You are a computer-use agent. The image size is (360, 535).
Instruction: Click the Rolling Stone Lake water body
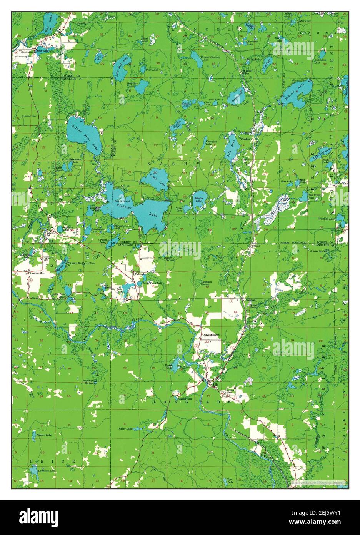point(83,133)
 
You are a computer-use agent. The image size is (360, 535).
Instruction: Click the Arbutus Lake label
point(198,199)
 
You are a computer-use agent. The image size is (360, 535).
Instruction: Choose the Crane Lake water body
point(154,180)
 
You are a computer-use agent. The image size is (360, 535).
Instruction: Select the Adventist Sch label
point(211,335)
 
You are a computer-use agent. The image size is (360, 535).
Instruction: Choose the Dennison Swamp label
point(207,283)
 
